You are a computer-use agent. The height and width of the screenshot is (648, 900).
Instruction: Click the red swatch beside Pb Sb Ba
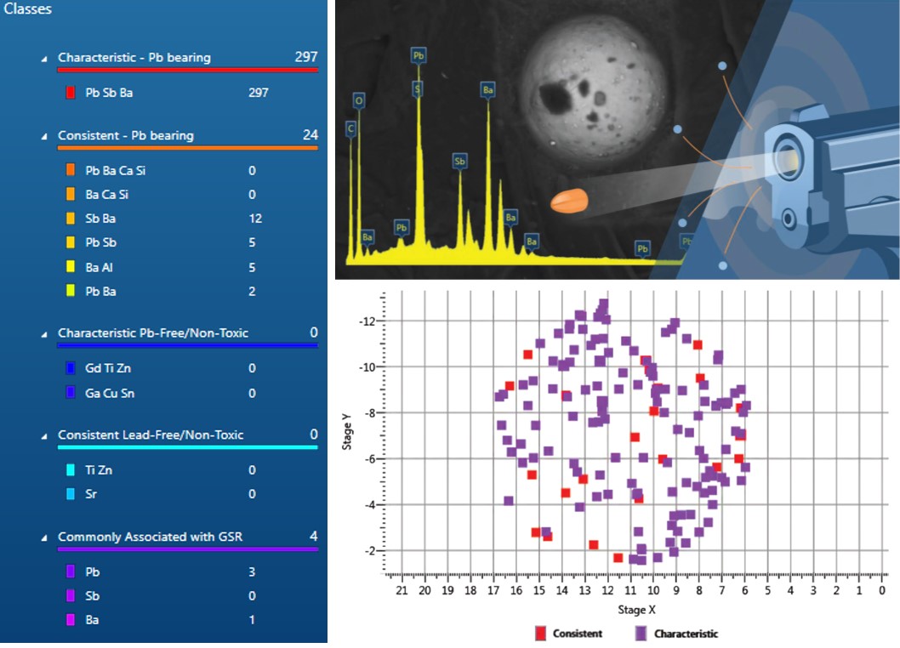[x=71, y=93]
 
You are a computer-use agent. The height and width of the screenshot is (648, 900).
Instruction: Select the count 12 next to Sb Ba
[x=255, y=219]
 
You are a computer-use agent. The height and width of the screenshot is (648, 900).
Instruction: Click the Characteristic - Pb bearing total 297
[x=305, y=57]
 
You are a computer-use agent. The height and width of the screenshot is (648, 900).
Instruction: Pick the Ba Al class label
[x=100, y=267]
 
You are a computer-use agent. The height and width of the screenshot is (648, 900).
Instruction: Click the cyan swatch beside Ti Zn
[x=71, y=470]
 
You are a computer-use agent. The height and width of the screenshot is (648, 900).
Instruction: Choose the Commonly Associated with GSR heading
[x=150, y=537]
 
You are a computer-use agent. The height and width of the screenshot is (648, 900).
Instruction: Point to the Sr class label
[x=91, y=494]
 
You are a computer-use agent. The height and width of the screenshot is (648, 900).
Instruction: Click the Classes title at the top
[x=28, y=9]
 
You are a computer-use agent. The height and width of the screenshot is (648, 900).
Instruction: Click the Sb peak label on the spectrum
[x=459, y=160]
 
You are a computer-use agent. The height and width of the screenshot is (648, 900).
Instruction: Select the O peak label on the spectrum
[x=359, y=100]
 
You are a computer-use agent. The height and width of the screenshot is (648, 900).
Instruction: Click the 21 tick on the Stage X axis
[x=402, y=590]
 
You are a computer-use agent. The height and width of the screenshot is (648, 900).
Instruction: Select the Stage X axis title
[x=636, y=609]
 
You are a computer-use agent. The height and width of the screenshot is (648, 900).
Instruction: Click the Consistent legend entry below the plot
[x=569, y=634]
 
